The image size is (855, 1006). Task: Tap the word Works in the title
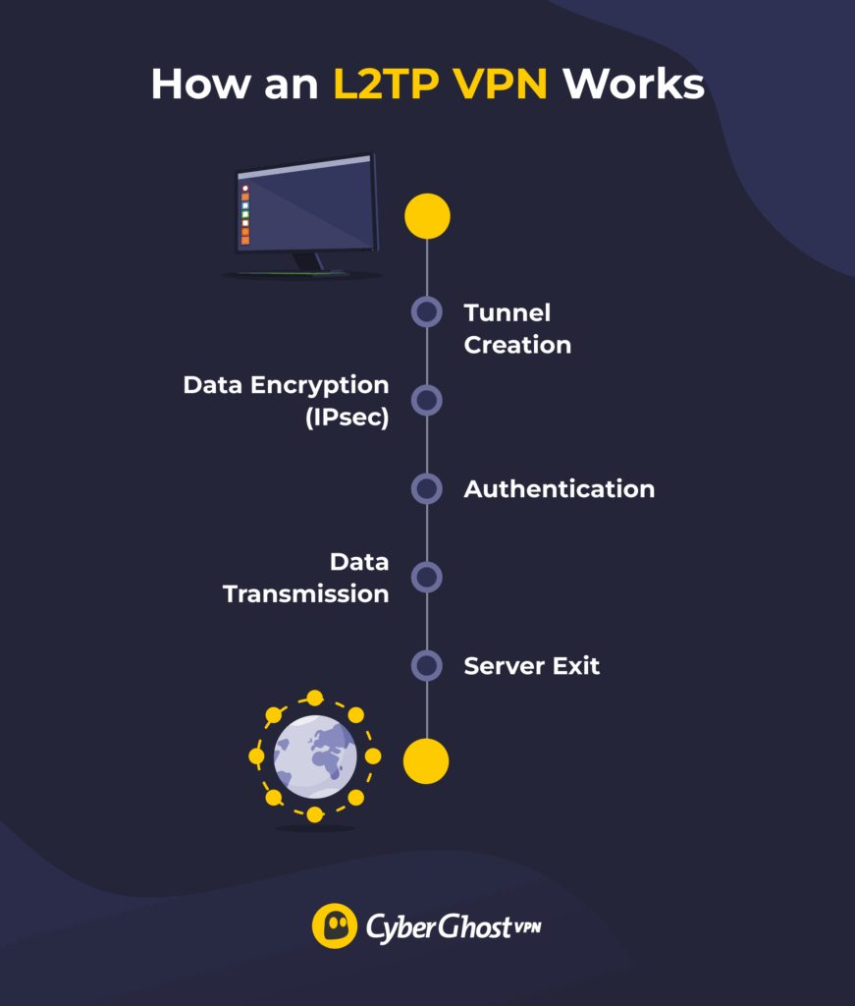click(633, 84)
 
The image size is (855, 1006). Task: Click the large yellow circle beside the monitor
click(427, 216)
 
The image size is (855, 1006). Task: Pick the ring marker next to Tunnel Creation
click(427, 312)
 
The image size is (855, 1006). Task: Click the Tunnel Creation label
click(517, 328)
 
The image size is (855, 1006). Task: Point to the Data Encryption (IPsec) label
click(286, 401)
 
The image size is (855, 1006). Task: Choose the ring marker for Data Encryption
click(427, 400)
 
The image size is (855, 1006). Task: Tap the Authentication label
click(559, 488)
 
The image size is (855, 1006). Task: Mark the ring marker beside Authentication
click(427, 488)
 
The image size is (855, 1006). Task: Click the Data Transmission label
click(306, 578)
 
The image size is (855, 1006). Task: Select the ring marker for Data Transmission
click(427, 577)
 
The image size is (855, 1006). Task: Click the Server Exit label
click(531, 666)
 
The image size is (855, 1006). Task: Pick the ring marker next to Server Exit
click(427, 665)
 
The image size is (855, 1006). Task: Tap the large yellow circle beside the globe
click(427, 761)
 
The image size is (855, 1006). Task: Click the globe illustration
click(315, 755)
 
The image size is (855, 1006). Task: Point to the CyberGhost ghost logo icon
click(334, 925)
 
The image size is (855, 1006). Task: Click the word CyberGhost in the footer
click(437, 926)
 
